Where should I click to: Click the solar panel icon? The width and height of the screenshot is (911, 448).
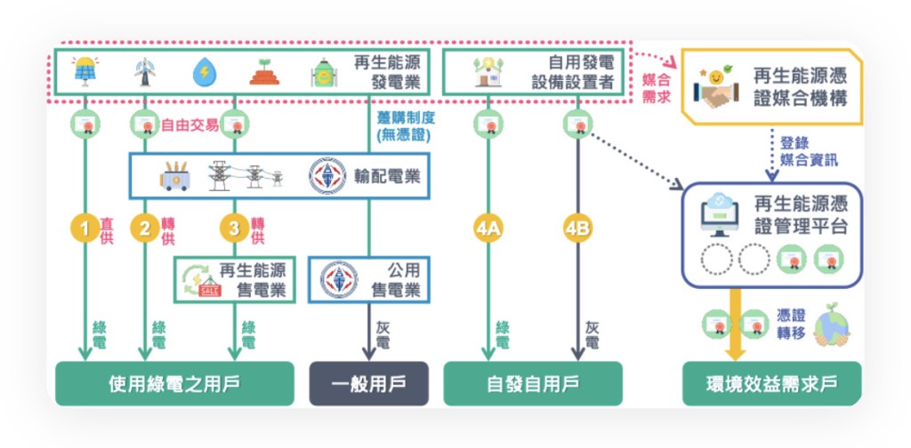click(85, 72)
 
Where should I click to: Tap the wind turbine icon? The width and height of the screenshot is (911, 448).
click(143, 72)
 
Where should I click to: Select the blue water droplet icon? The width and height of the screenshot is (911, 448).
click(204, 72)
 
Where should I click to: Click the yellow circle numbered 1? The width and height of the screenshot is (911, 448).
click(85, 228)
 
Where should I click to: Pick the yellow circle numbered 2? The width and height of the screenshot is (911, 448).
click(144, 228)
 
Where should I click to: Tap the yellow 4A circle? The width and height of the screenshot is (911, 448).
click(488, 228)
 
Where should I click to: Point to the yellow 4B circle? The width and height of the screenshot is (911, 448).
click(577, 228)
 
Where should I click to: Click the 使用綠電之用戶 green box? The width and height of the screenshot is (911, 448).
click(174, 384)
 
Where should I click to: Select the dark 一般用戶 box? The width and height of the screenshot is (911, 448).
click(368, 384)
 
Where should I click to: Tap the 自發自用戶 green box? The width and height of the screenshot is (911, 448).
click(533, 384)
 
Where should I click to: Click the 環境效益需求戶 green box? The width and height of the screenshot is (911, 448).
click(771, 384)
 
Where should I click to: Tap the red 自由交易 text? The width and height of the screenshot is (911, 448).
click(189, 125)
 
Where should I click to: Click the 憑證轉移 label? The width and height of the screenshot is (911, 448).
click(792, 324)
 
